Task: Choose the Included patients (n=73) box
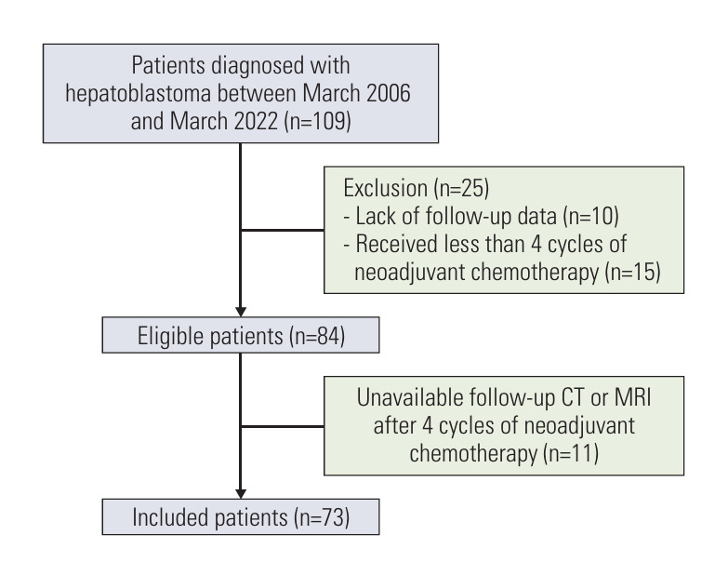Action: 240,516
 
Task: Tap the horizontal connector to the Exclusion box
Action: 283,229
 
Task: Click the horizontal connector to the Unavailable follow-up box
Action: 283,427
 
